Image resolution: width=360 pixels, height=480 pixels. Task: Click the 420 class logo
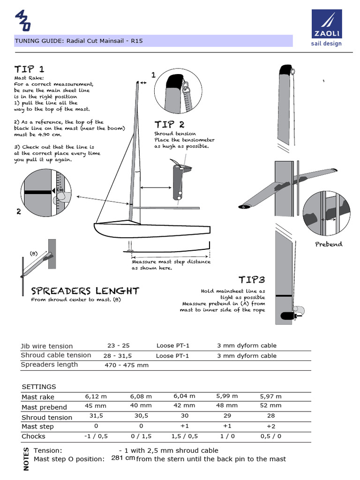(23, 21)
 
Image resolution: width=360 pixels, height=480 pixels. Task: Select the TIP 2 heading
(169, 124)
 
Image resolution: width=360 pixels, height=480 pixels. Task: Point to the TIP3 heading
(252, 280)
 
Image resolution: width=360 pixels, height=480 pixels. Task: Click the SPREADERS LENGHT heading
(85, 291)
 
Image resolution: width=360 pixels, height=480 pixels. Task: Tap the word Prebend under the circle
(329, 244)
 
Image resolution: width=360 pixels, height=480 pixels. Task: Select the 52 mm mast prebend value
(270, 405)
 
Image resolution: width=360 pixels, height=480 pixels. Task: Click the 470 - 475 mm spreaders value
(127, 365)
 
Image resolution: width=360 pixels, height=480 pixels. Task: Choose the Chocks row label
(34, 436)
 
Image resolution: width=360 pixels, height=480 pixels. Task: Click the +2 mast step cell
(271, 427)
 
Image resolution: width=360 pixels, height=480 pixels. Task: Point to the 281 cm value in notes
(123, 458)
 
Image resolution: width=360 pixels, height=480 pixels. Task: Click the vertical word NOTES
(26, 459)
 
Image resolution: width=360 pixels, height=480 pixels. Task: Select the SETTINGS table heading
(39, 387)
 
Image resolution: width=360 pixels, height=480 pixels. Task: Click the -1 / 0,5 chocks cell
(97, 436)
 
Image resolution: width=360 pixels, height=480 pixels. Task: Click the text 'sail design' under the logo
(327, 44)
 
